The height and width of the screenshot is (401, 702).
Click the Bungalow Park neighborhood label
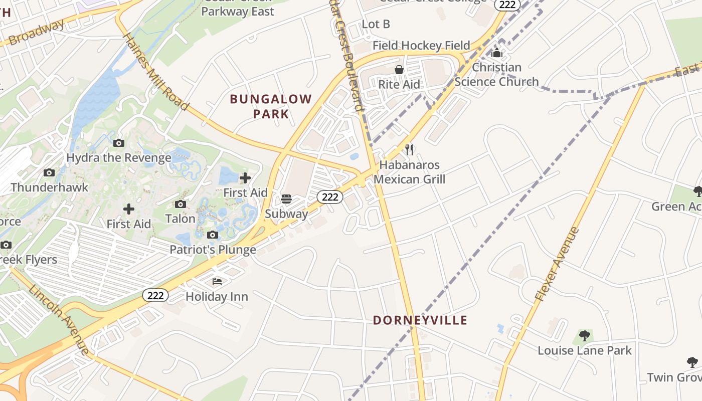[271, 106]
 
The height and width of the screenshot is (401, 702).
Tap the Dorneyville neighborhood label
[420, 320]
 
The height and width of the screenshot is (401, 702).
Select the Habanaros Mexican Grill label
[409, 172]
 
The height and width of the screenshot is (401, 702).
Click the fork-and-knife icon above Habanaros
[409, 149]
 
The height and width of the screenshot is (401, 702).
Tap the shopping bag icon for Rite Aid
[399, 70]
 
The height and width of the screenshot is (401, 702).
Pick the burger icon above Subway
[286, 199]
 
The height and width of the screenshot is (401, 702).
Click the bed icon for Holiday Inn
[217, 282]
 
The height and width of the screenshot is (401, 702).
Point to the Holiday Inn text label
[217, 297]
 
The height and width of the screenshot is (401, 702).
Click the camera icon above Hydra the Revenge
[119, 143]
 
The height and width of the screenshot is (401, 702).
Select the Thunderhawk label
[49, 187]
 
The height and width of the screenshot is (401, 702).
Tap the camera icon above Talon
[181, 204]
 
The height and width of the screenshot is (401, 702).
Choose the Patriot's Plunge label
[213, 250]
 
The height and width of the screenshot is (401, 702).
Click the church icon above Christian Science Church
[497, 53]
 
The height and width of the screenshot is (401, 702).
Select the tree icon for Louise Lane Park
[584, 335]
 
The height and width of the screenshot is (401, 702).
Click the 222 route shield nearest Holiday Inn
[155, 295]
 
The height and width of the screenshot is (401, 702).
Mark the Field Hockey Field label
[421, 46]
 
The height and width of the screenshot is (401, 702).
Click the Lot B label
[376, 24]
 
